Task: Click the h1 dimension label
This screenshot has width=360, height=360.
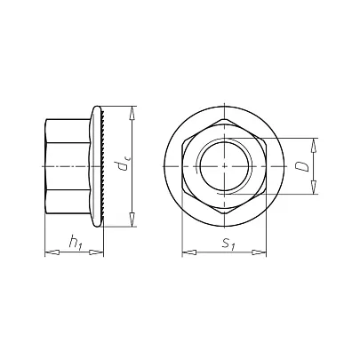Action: (x=76, y=242)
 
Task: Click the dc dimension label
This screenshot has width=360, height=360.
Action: (x=122, y=166)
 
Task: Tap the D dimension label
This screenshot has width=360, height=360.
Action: (x=303, y=166)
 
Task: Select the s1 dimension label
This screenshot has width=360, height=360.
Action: (x=228, y=244)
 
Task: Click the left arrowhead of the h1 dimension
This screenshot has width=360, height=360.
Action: (x=52, y=252)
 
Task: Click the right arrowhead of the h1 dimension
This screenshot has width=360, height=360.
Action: (x=96, y=252)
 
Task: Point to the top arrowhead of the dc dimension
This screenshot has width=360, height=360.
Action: (x=132, y=113)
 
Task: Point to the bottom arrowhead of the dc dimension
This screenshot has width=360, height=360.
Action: (x=132, y=220)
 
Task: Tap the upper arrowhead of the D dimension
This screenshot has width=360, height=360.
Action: (x=314, y=145)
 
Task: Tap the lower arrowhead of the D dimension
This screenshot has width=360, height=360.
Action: (x=314, y=188)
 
